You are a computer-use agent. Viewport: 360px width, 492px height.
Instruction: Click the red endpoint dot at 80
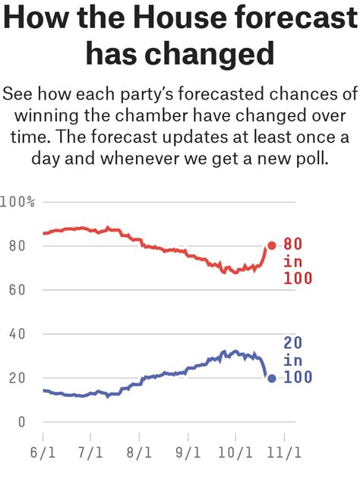[x=272, y=245]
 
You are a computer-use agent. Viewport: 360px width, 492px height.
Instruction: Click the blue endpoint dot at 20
[x=272, y=378]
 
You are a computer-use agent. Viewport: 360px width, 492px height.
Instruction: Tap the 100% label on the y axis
[x=18, y=202]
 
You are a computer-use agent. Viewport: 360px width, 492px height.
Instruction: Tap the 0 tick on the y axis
[x=21, y=421]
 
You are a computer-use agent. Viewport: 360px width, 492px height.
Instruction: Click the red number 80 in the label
[x=293, y=244]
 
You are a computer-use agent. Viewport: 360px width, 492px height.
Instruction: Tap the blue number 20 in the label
[x=293, y=343]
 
